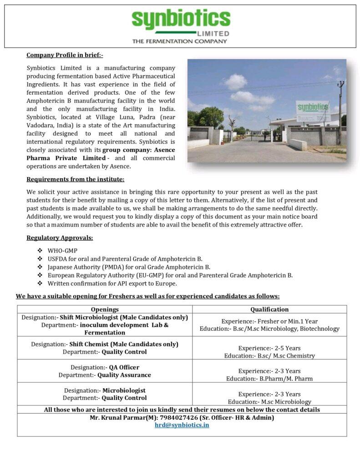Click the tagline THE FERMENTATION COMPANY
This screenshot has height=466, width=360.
(179, 41)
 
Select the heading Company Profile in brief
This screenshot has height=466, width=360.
(65, 56)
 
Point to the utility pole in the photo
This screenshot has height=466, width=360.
(340, 112)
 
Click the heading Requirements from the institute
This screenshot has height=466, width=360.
(75, 179)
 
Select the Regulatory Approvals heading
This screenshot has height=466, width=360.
(60, 238)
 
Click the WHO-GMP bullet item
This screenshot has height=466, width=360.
(62, 251)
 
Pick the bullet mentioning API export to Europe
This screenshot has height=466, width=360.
(112, 284)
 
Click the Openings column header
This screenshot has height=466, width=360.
(105, 309)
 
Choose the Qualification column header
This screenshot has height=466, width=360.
(269, 309)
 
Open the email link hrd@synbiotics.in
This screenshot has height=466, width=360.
(182, 425)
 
